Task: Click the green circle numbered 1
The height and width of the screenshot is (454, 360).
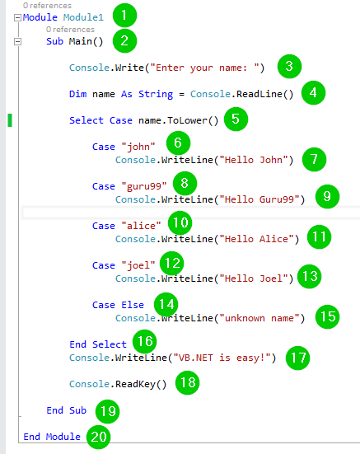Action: (124, 16)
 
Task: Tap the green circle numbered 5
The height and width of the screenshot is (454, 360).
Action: (236, 119)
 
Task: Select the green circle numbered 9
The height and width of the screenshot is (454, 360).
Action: (327, 196)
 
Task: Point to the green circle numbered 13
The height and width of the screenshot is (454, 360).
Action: (310, 276)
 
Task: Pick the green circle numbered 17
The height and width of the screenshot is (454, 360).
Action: (297, 358)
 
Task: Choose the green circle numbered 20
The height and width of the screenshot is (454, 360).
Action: (99, 437)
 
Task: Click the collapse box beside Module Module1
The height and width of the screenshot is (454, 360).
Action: (17, 17)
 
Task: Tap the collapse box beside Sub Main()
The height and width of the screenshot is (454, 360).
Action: (17, 41)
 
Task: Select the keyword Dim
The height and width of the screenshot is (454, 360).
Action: (77, 94)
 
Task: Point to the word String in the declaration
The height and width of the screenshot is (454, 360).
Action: (156, 95)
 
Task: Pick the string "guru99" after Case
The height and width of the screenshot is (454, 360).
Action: (144, 186)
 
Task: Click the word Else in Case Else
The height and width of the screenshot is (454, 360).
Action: (133, 305)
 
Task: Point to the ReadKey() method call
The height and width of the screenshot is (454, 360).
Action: (141, 385)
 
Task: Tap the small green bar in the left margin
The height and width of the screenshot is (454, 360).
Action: (10, 120)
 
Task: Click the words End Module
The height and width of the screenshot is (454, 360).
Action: (52, 437)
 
